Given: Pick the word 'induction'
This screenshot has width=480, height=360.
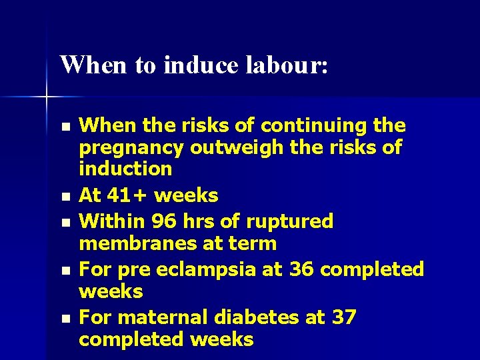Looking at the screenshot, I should (125, 169).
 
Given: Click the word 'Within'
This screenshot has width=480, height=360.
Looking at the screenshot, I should (113, 221).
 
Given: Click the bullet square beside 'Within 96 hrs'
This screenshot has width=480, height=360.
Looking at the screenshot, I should (64, 222).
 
